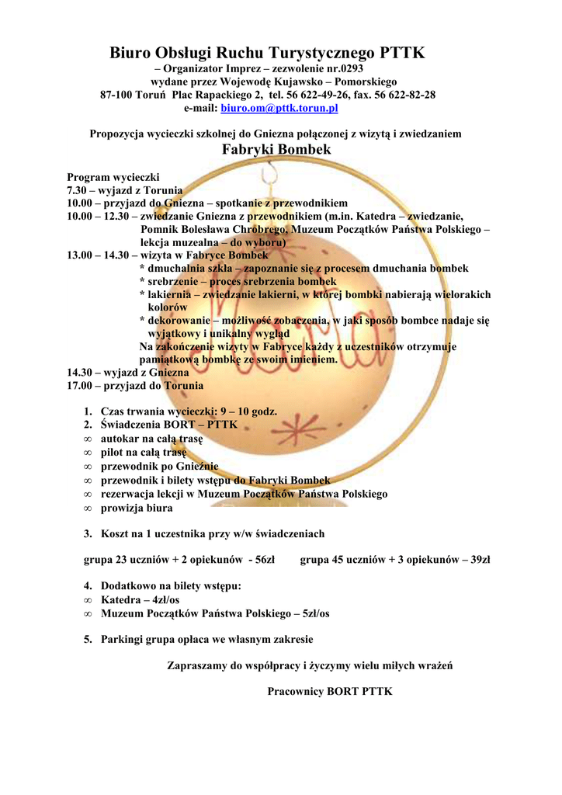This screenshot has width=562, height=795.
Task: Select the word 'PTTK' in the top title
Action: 402,54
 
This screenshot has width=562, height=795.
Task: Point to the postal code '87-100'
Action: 116,95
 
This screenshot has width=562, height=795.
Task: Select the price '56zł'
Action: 265,560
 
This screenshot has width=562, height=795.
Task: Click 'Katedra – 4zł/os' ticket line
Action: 140,600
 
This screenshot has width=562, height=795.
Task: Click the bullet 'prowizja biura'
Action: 137,509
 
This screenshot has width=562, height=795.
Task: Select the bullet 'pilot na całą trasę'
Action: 144,453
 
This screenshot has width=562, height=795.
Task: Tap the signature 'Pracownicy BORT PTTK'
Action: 330,691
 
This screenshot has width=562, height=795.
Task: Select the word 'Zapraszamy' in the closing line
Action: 197,665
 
